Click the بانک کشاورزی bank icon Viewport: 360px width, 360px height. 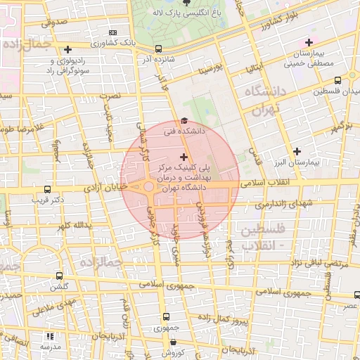[x=114, y=32]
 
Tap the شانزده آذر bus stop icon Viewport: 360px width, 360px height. [x=158, y=49]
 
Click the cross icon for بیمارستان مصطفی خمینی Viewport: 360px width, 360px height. [x=309, y=42]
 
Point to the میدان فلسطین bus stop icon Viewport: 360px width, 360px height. [x=338, y=80]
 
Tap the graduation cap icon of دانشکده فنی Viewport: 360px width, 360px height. [x=184, y=120]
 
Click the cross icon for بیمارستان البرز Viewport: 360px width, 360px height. [x=297, y=151]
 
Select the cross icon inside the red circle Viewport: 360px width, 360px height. [x=184, y=157]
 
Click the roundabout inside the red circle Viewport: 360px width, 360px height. [x=149, y=187]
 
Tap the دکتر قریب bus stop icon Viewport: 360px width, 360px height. [x=47, y=190]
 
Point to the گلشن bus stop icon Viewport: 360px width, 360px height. [x=59, y=276]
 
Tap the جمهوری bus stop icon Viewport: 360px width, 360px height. [x=167, y=317]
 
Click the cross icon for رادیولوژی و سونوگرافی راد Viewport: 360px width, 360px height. [x=67, y=49]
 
